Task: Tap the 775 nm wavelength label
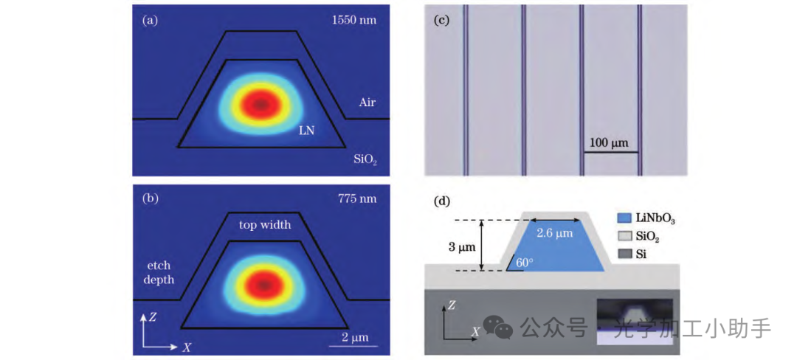357,198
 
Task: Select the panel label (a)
150,20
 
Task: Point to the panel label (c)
442,20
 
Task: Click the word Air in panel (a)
368,102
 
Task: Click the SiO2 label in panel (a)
366,159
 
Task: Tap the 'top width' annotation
264,224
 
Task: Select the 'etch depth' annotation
159,271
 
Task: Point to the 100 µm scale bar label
609,142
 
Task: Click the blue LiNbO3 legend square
624,219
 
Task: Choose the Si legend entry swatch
624,255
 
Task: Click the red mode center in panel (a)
261,105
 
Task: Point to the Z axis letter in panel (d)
452,303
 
